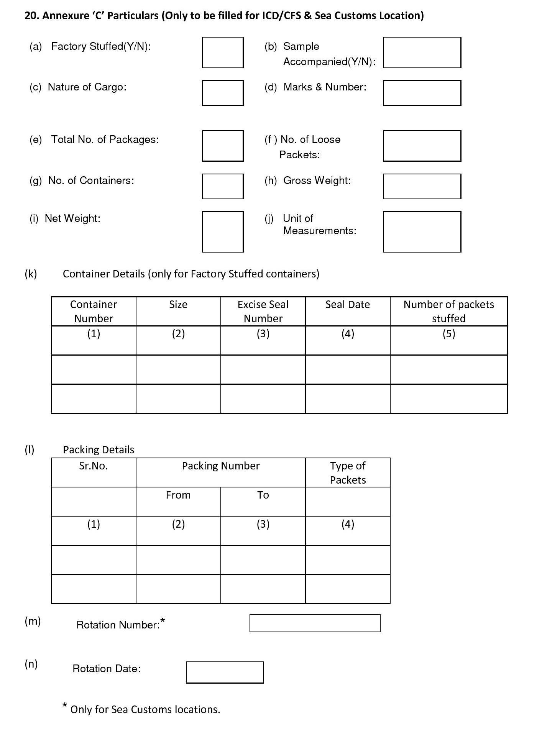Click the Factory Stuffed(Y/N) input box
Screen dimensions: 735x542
[222, 52]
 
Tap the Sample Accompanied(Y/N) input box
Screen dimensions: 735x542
[422, 52]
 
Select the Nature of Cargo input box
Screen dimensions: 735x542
[222, 93]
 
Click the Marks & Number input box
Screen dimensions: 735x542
[422, 93]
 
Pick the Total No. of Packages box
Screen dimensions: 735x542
[222, 146]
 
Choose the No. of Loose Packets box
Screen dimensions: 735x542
[422, 146]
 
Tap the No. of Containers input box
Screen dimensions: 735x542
[222, 186]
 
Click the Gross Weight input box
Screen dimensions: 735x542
[422, 186]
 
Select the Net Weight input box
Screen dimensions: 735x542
[222, 232]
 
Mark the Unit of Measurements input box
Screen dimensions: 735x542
[422, 232]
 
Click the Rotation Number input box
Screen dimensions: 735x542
[315, 623]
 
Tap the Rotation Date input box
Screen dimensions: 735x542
[225, 672]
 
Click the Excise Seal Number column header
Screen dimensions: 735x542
[263, 311]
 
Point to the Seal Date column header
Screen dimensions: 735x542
[348, 305]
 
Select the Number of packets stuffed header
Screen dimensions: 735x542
[448, 311]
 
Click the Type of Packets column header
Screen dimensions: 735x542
[348, 472]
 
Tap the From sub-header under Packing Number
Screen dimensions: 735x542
[178, 495]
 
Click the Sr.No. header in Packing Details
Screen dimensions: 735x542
[94, 466]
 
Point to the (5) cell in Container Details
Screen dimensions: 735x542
[448, 334]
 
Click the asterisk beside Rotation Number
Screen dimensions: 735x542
[163, 620]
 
